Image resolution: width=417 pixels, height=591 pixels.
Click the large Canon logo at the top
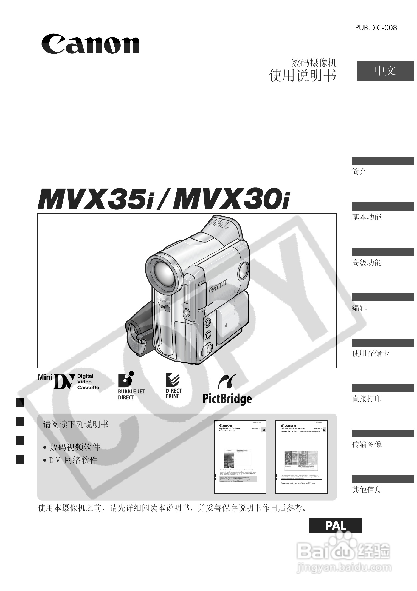click(x=90, y=44)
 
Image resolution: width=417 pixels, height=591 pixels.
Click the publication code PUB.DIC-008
click(x=376, y=28)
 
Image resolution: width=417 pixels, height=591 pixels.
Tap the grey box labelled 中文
click(x=385, y=71)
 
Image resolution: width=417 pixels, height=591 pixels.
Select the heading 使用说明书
click(x=302, y=75)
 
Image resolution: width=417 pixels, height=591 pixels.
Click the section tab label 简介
click(x=359, y=172)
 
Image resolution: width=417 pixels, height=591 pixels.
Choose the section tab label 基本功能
click(x=367, y=217)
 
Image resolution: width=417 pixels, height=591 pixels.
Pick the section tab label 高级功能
click(x=367, y=263)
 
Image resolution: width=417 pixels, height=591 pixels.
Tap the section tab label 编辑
click(x=359, y=308)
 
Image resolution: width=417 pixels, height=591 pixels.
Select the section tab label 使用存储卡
click(x=370, y=353)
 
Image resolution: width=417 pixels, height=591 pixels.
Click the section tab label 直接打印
click(x=367, y=399)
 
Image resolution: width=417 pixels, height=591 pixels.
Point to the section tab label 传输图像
click(x=367, y=444)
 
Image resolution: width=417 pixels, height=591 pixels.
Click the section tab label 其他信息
click(x=367, y=490)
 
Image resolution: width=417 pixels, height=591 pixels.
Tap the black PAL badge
click(x=335, y=525)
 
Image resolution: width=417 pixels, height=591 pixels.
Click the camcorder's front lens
click(x=164, y=273)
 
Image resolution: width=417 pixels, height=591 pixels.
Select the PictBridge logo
click(x=227, y=389)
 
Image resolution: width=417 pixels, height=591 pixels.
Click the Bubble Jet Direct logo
click(x=131, y=386)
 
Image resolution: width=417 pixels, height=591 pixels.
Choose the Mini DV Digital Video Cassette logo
click(x=68, y=382)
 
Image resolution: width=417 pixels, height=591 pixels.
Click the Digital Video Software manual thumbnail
click(x=240, y=457)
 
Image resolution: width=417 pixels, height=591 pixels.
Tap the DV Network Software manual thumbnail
click(x=301, y=457)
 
